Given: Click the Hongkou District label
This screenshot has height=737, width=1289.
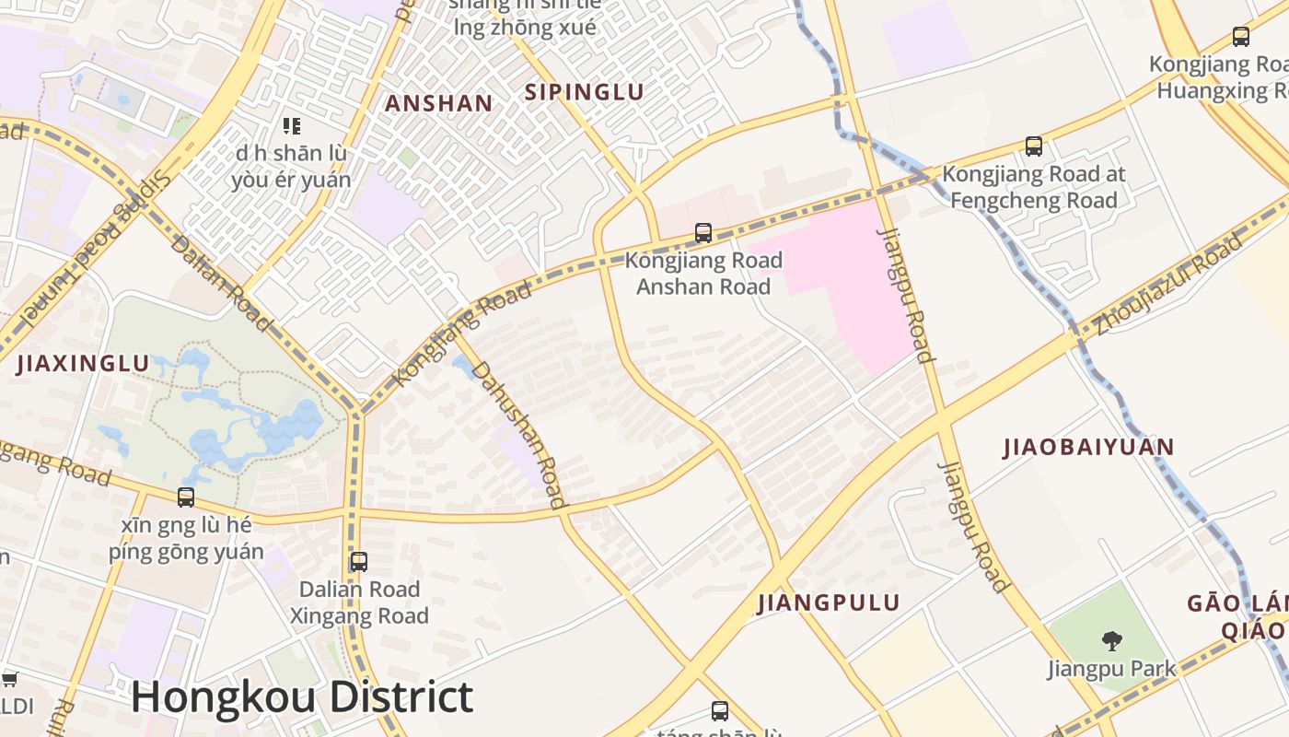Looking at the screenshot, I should pos(302,697).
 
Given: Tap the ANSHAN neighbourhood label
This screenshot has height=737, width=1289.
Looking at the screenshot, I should pos(438,103).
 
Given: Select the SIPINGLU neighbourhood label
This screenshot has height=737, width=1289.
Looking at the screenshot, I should pos(584,92).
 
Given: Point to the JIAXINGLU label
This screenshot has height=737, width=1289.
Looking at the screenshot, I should pos(83,364).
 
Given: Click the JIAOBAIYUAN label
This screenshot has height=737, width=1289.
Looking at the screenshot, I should pos(1088,448).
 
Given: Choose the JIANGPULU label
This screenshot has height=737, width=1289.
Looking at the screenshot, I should pos(828,603).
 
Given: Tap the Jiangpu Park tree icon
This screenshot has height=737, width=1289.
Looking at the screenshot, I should pos(1111,640).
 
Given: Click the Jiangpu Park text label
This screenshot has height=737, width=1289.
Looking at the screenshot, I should pos(1111,669).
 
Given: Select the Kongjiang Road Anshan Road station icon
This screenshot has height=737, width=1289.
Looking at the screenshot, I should pos(703,233).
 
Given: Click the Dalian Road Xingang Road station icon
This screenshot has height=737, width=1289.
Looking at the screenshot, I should pos(359,562).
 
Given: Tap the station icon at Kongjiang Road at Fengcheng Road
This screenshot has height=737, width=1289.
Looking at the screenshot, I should pos(1034,146).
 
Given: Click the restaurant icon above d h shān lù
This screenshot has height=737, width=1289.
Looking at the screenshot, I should pos(292,126).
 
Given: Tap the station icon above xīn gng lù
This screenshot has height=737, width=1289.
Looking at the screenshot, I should pos(186,497).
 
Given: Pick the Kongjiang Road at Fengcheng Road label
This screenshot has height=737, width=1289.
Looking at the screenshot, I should pos(1033,187).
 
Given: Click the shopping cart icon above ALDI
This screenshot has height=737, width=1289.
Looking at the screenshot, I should pos(9,680).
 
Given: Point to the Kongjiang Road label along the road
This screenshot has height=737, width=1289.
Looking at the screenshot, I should pos(462,334).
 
